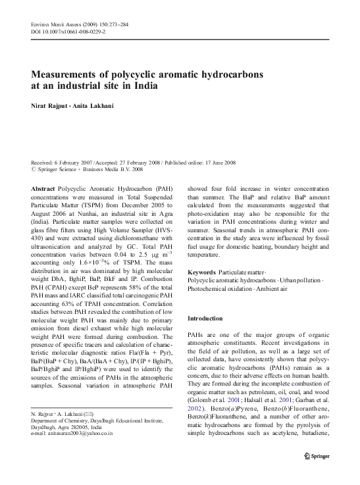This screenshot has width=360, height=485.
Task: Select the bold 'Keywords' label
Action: pyautogui.click(x=202, y=272)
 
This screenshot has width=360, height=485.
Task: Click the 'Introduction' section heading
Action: pyautogui.click(x=206, y=318)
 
